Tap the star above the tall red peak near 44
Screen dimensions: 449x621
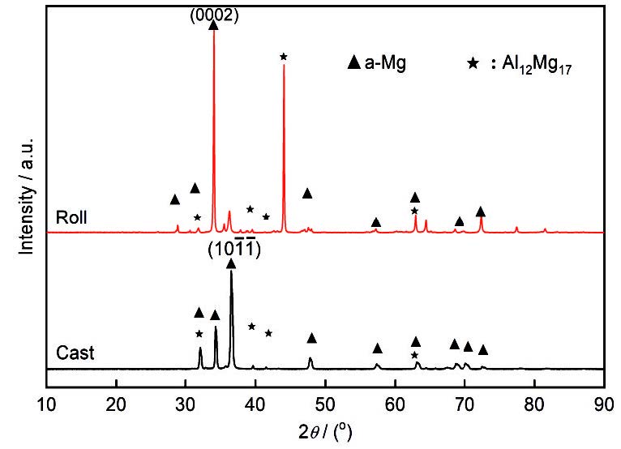tap(283, 56)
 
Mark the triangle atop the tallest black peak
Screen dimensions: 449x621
tap(232, 263)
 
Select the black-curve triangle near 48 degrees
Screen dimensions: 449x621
tap(311, 338)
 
